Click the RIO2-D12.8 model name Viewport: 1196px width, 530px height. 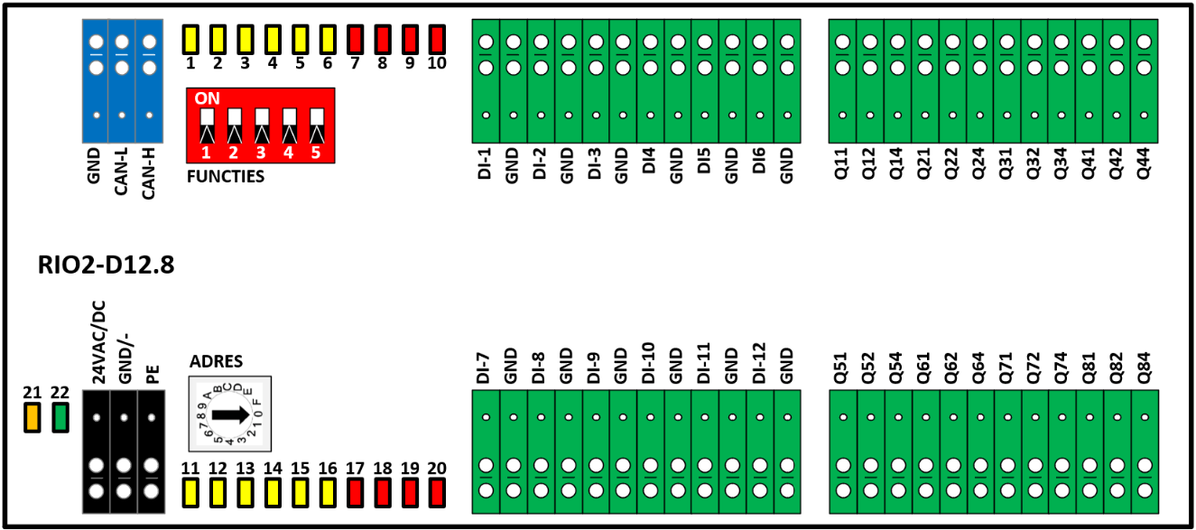coord(106,265)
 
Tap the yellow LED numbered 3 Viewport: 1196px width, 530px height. coord(246,39)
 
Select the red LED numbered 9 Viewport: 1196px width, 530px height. coord(410,39)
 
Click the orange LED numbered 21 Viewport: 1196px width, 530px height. coord(32,418)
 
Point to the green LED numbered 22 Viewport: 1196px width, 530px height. coord(60,418)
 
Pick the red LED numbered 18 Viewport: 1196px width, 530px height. coord(383,493)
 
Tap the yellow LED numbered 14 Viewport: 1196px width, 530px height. coord(273,493)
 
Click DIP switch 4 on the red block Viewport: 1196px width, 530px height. coord(289,126)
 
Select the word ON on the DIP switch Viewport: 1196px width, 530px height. coord(208,98)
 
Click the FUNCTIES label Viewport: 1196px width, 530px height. coord(226,176)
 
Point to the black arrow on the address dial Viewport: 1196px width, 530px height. coord(231,414)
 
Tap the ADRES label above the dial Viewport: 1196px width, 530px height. coord(217,362)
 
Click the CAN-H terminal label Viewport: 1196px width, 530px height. coord(148,174)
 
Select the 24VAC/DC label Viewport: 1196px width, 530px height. coord(99,342)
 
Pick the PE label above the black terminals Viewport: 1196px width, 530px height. coord(153,375)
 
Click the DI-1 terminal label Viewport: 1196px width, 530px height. coord(485,164)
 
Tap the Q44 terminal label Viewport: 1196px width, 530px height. coord(1143,163)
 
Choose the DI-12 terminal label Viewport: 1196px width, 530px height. coord(759,363)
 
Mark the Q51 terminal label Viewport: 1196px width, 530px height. coord(841,368)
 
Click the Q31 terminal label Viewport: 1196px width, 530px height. coord(1006,163)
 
